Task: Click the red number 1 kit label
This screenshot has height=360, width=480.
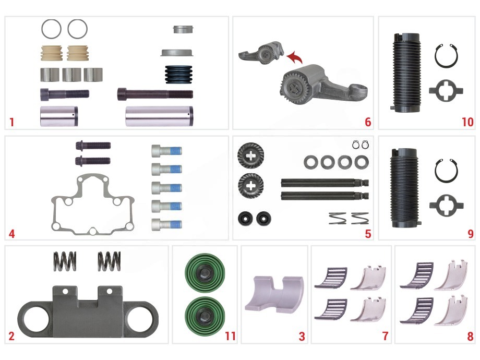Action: click(11, 122)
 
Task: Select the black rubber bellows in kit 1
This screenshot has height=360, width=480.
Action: click(179, 74)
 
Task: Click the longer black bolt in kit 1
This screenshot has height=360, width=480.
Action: click(155, 94)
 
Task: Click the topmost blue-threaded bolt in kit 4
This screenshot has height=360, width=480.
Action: click(166, 151)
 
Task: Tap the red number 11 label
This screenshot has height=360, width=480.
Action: click(230, 336)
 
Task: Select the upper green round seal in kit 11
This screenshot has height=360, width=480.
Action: click(205, 272)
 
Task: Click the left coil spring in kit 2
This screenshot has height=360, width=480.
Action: click(65, 261)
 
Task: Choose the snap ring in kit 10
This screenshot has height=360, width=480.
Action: click(446, 56)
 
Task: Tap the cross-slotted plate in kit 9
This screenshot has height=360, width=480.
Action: click(446, 205)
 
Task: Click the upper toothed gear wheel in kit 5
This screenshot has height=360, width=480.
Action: click(250, 155)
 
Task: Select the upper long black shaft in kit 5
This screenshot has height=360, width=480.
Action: click(325, 183)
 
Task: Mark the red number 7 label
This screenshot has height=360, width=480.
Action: click(386, 336)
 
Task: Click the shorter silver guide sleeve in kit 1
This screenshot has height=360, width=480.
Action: click(59, 116)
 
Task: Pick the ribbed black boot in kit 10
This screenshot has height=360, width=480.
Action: click(406, 73)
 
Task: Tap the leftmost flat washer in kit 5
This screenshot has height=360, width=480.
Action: click(311, 162)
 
